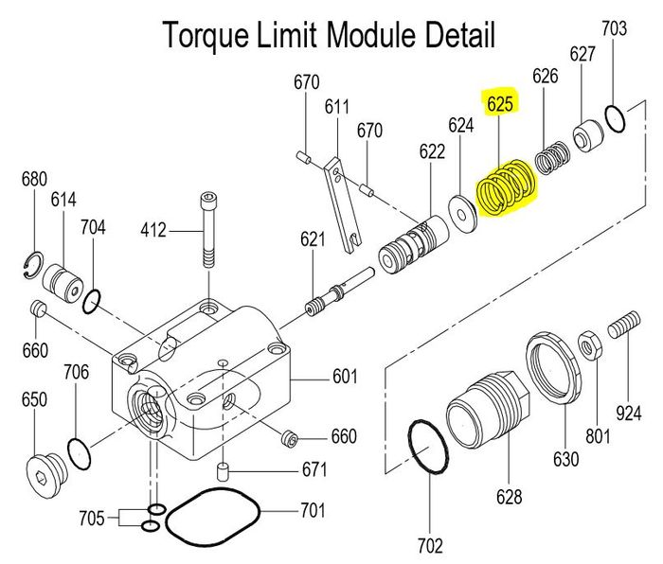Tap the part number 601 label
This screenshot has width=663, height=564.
344,378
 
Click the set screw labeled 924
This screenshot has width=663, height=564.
624,326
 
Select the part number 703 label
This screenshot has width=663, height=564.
615,29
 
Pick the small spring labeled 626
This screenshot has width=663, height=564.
550,158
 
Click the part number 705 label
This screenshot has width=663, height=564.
92,518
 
